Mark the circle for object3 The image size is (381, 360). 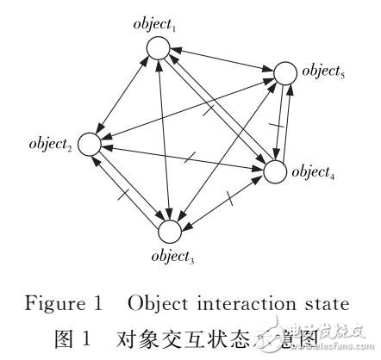[x=170, y=230]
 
